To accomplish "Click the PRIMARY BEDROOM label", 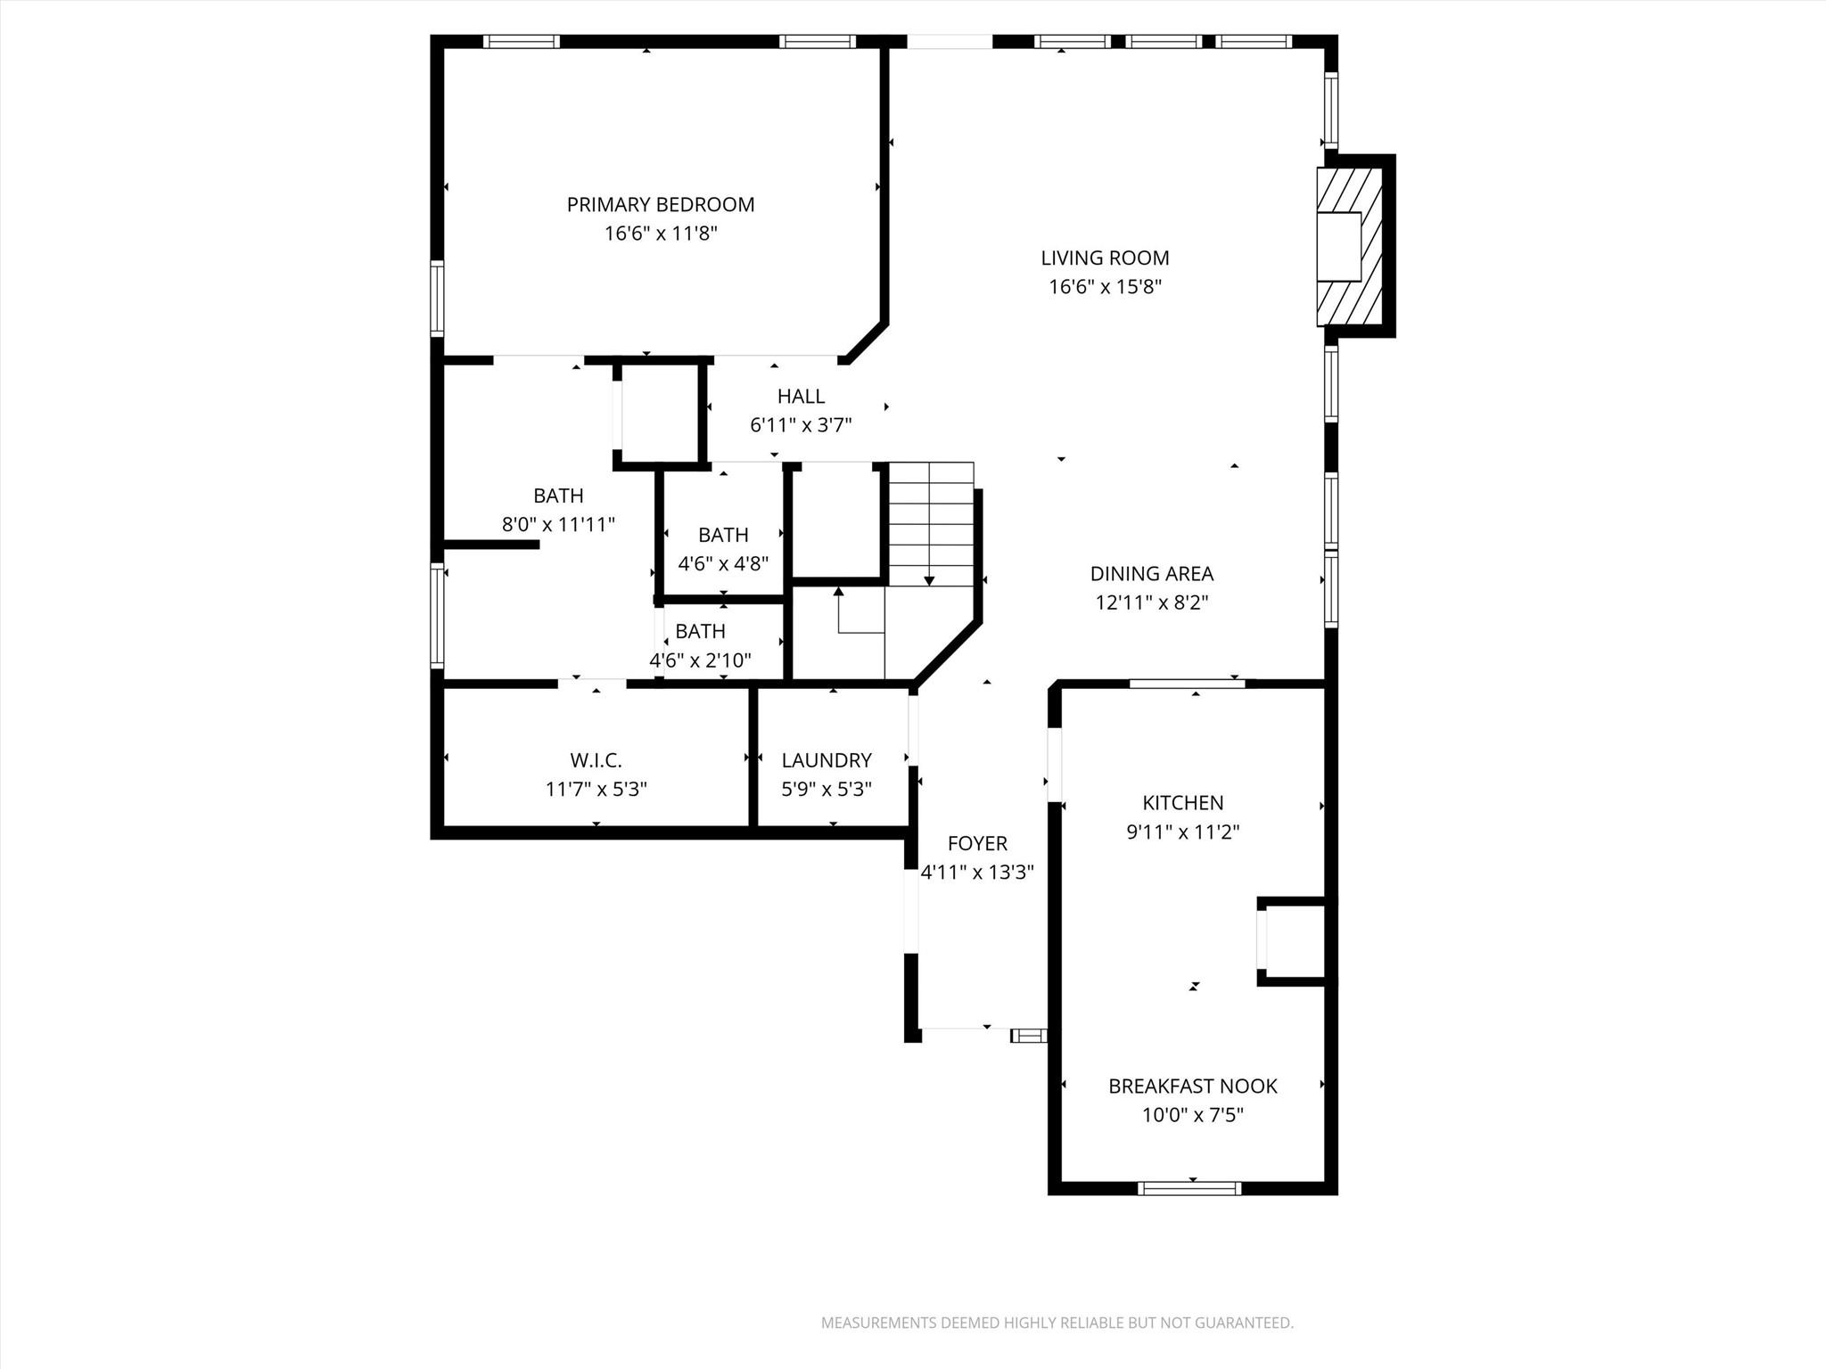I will coord(660,204).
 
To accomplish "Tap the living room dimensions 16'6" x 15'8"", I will coord(1105,287).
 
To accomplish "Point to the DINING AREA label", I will coord(1151,573).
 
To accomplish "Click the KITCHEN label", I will coord(1182,802).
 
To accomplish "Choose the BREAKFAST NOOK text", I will coord(1192,1086).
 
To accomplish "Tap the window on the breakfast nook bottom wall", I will coord(1189,1187).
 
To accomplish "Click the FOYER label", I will coord(977,843).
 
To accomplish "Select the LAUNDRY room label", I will coord(826,760).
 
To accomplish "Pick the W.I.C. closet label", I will coord(596,760).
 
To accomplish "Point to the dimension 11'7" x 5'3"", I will coord(596,789).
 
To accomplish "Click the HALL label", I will coord(801,396).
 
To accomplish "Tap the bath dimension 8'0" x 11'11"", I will coord(558,524).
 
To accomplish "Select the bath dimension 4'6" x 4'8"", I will coord(723,563).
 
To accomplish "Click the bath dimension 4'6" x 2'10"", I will coord(700,660).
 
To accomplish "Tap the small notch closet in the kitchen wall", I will coord(1293,941).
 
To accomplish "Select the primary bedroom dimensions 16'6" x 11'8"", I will coord(660,234).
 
